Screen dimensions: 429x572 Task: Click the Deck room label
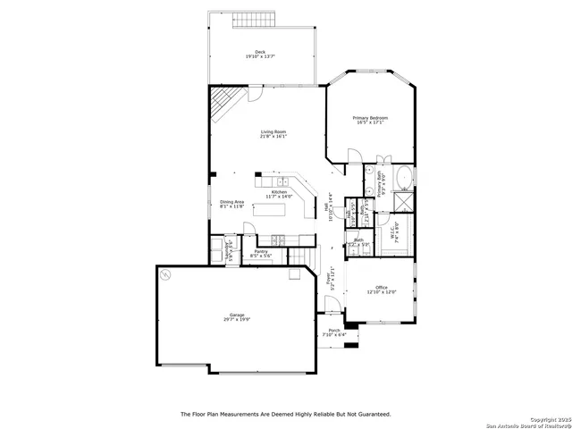[260, 52]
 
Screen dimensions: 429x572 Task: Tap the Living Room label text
[273, 130]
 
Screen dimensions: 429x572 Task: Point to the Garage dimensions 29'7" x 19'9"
[237, 319]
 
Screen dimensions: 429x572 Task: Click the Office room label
[381, 287]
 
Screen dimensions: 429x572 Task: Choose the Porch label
[333, 331]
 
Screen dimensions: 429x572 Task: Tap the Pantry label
[261, 252]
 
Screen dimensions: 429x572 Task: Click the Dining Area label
[232, 202]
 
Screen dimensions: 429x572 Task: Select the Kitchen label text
[280, 191]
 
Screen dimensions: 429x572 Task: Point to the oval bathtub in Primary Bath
[403, 178]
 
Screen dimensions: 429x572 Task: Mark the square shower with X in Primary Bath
[403, 201]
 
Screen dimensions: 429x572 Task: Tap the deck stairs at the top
[260, 19]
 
